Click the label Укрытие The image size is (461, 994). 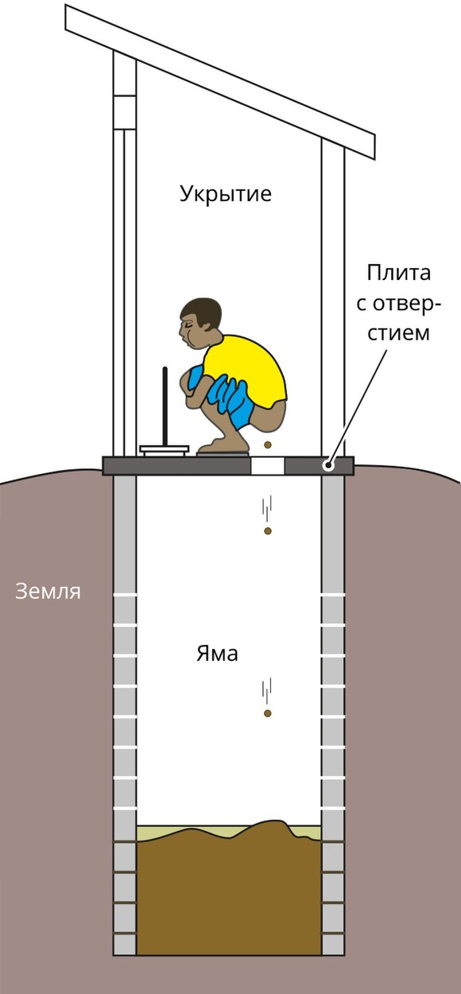[x=226, y=194]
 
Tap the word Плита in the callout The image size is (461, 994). [x=398, y=273]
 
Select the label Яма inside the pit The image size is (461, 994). [x=217, y=654]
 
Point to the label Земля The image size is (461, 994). [x=48, y=592]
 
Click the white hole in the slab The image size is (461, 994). [x=268, y=466]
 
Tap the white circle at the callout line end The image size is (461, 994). [x=328, y=466]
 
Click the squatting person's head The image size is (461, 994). [x=200, y=321]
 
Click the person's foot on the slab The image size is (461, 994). [x=222, y=445]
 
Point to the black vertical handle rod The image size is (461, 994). [x=165, y=406]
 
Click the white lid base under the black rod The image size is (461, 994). [x=165, y=451]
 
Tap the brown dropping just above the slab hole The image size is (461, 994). [x=268, y=445]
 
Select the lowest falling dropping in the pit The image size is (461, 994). [x=268, y=713]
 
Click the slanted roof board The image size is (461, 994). [x=220, y=82]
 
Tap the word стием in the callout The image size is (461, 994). [x=398, y=333]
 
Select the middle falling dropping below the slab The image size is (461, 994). [x=268, y=530]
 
